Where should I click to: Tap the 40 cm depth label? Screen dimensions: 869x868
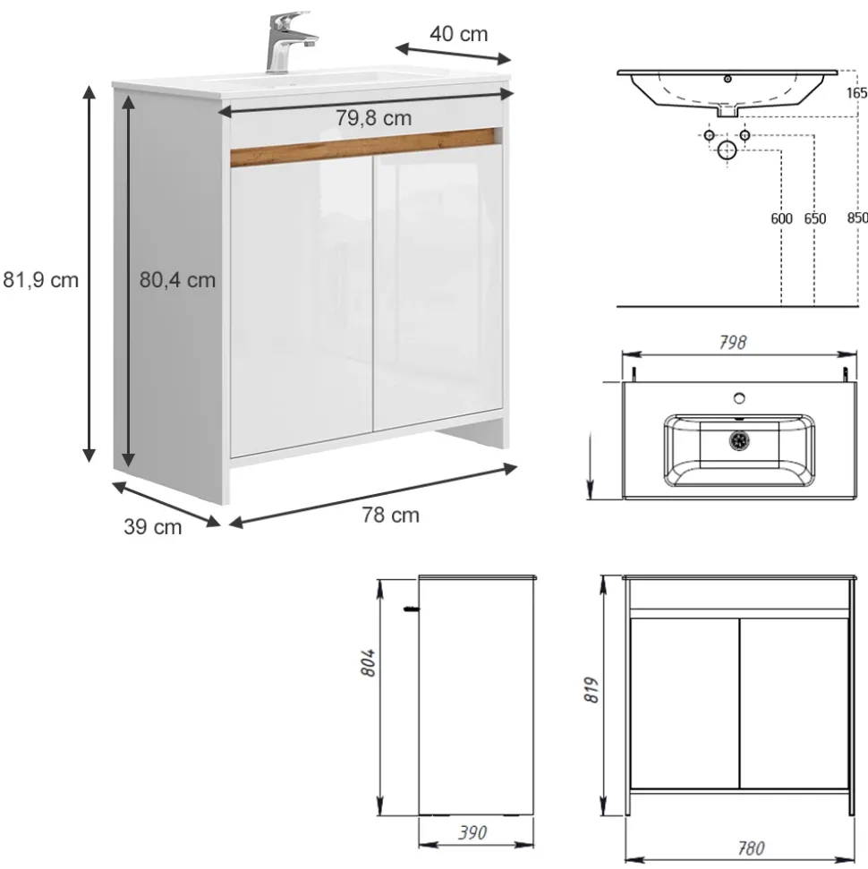[x=458, y=34]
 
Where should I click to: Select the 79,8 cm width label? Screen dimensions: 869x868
[x=373, y=117]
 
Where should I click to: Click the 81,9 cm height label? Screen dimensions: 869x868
[x=40, y=280]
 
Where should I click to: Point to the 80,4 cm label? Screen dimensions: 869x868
[x=177, y=280]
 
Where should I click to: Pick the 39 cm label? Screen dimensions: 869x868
[x=152, y=527]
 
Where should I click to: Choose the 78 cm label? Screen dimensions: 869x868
[x=390, y=515]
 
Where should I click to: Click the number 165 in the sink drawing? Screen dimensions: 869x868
[x=856, y=92]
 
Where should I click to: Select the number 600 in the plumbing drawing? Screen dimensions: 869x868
[x=781, y=218]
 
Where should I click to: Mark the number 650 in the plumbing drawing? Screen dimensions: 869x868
[x=815, y=218]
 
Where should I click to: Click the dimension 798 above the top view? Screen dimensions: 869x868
[x=732, y=343]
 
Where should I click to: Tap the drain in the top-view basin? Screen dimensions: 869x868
[x=739, y=439]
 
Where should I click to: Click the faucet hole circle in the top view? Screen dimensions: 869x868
[x=739, y=396]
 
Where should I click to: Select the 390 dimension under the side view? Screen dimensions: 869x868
[x=472, y=833]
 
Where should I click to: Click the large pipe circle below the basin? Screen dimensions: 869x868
[x=728, y=149]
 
